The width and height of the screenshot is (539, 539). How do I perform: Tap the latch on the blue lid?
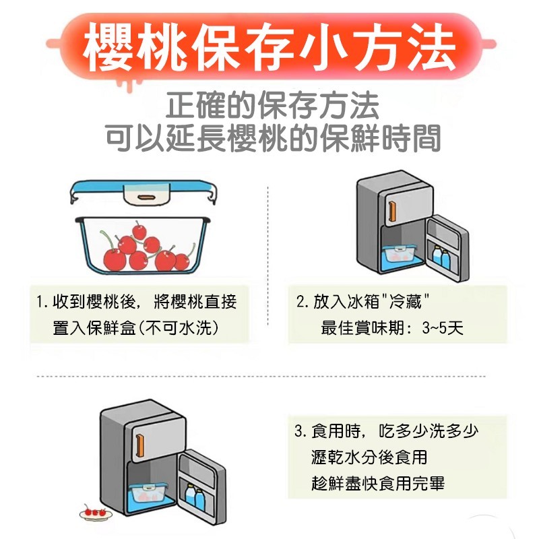pos(146,197)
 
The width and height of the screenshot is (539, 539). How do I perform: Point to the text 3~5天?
pos(443,328)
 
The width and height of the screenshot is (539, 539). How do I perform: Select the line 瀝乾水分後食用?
pos(369,457)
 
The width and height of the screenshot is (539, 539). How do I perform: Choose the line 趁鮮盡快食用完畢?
pos(378,483)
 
